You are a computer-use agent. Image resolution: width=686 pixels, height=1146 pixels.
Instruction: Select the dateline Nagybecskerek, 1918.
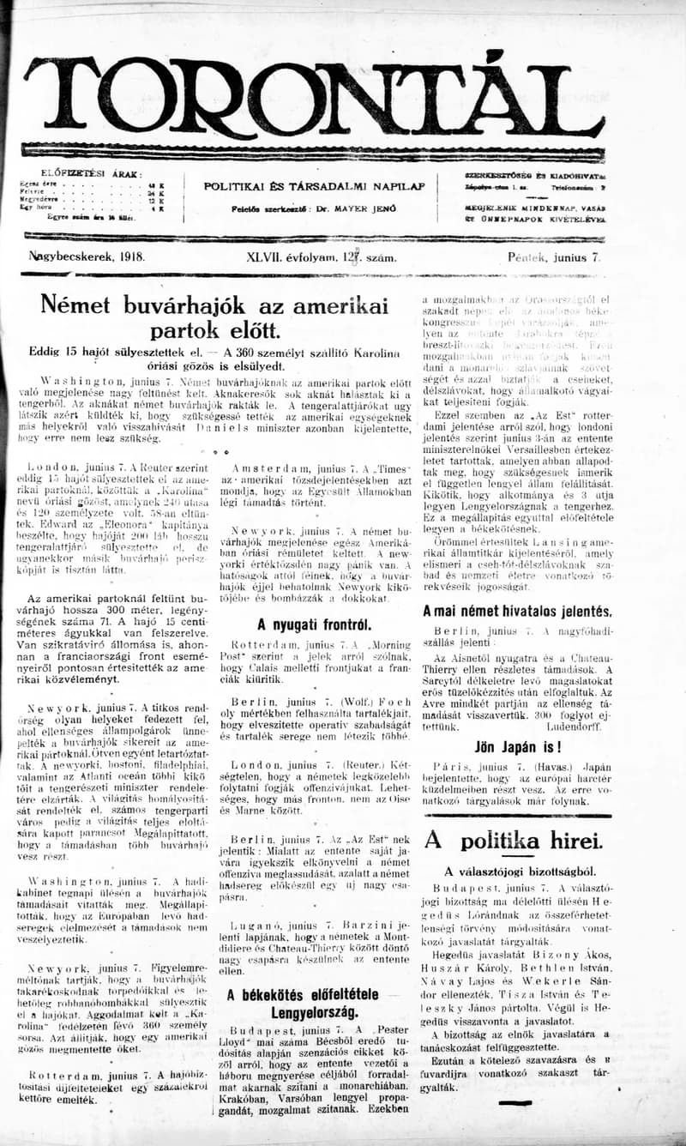coord(87,256)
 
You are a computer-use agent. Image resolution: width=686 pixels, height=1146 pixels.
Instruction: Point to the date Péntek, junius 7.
coord(554,256)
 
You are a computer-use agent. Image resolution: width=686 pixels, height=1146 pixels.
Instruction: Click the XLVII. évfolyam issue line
coord(314,256)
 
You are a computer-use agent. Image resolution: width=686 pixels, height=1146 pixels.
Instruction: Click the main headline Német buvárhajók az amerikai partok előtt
coord(215,317)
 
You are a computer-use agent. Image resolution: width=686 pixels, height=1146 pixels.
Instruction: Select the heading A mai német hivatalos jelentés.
coord(517,612)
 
